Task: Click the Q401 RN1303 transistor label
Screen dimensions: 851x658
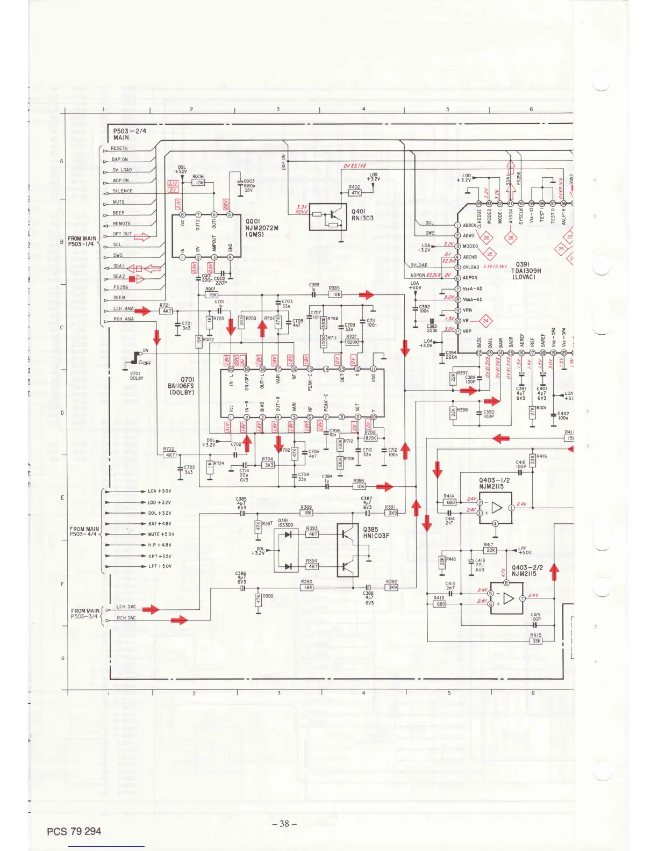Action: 362,215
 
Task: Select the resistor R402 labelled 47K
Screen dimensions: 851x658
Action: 355,192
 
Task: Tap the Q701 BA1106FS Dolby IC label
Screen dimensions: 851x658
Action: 181,386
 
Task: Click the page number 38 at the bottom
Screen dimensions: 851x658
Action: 284,824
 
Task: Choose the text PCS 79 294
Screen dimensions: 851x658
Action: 74,831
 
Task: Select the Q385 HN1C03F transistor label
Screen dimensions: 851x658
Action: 376,532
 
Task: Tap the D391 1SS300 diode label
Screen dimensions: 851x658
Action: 285,523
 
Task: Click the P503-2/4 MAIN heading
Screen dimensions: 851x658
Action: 129,134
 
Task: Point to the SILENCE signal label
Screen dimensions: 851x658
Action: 123,191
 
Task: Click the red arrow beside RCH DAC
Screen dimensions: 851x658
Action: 179,621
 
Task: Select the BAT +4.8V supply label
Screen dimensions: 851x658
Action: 160,524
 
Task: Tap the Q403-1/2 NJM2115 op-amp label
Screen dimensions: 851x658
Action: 494,484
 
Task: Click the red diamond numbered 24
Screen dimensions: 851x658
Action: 486,321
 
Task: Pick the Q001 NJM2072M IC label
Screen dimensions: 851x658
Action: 262,228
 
